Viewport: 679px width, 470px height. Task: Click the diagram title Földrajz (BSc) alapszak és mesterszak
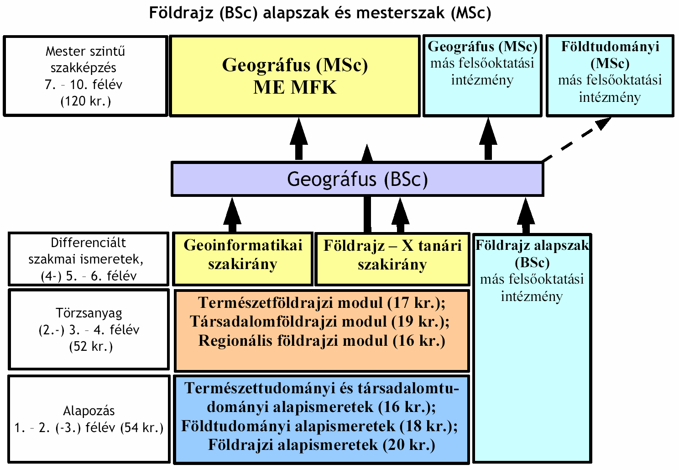(320, 13)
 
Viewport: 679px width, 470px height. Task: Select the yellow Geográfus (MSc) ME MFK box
(295, 76)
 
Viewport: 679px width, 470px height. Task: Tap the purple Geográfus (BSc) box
(357, 179)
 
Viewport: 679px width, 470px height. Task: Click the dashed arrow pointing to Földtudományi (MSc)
(576, 140)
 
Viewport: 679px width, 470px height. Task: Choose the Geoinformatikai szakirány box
(242, 259)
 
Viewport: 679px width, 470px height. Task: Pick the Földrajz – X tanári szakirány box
(392, 259)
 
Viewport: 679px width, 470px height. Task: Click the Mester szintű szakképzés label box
(85, 76)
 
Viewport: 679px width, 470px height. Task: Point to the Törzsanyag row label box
(89, 329)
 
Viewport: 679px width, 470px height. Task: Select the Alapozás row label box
(89, 419)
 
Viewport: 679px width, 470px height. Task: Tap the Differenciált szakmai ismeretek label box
(89, 259)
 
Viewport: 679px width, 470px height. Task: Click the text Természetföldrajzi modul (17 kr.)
(322, 302)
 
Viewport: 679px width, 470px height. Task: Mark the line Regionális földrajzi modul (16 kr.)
(322, 340)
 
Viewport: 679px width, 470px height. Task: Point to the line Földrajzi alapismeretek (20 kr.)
(322, 445)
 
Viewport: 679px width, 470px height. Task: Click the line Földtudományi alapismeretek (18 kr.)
(319, 426)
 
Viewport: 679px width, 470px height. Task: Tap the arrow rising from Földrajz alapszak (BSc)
(526, 216)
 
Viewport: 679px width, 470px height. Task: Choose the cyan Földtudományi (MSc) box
(610, 76)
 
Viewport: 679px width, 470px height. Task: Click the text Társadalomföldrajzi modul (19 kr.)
(319, 321)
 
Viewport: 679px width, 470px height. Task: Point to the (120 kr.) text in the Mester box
(86, 101)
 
